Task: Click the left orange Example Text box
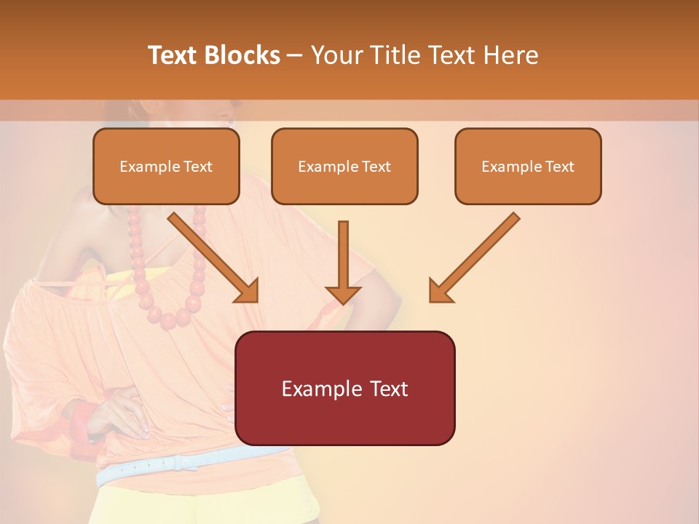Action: coord(166,166)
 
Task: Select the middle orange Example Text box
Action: coord(344,166)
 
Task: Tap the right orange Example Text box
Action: coord(528,166)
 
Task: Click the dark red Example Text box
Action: coord(345,388)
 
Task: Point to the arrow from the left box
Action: coord(213,258)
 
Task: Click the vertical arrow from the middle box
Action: coord(343,258)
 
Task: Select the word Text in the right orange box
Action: coord(559,166)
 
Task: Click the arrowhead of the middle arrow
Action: coord(343,294)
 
